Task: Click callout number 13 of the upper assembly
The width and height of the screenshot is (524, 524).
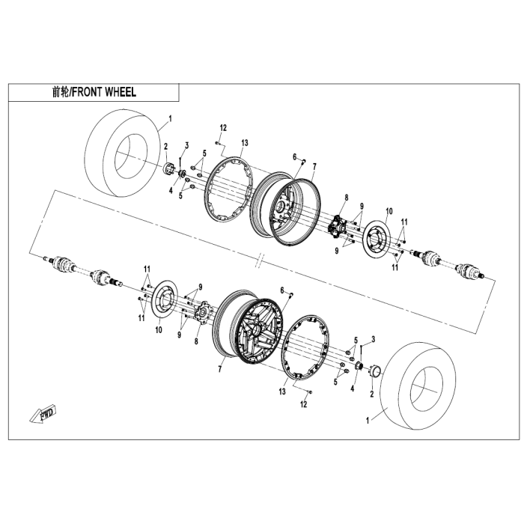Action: pos(245,142)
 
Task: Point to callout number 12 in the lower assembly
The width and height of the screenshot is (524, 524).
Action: pos(303,404)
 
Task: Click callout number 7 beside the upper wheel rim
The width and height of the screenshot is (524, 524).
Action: pos(314,165)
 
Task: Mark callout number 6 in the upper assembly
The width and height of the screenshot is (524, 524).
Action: pos(296,156)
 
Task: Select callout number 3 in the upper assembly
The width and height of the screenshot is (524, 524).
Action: pos(187,144)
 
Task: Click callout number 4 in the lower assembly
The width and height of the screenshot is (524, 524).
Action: pos(352,389)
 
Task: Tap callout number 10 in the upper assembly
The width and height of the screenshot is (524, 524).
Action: pos(389,210)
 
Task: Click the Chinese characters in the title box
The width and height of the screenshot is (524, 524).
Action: pos(61,94)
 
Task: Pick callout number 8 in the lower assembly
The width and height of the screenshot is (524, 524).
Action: pos(196,341)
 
